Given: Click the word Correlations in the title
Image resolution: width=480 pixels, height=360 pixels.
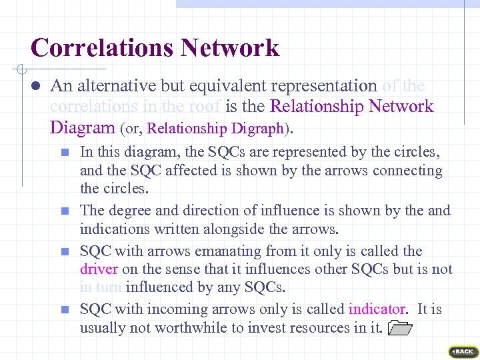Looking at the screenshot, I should (x=101, y=48).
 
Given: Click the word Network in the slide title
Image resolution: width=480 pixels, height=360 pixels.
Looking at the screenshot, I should (x=229, y=48).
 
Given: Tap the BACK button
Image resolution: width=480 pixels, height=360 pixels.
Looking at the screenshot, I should (x=463, y=351).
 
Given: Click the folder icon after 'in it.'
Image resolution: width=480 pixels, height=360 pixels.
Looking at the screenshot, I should (x=399, y=327).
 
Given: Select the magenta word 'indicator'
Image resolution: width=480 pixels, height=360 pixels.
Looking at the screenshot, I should (x=377, y=309).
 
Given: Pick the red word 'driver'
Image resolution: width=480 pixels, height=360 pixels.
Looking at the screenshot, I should (x=99, y=269).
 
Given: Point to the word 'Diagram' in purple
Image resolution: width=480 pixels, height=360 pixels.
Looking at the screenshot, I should (x=81, y=127).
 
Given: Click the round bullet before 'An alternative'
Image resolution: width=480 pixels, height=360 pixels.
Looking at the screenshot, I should (x=37, y=86).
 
